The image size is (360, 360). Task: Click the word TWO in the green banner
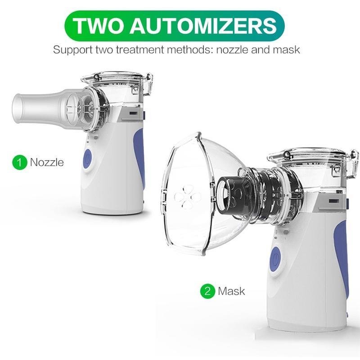98,26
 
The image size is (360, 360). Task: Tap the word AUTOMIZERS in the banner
203,26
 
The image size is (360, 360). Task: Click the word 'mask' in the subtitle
286,49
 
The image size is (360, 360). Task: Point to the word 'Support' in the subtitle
73,50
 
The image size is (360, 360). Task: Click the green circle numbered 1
19,162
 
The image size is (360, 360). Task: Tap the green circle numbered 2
207,291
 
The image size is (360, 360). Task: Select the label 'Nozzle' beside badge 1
47,162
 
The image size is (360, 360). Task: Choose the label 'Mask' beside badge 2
231,291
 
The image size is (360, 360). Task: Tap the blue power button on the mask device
275,259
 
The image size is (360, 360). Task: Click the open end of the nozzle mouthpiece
17,108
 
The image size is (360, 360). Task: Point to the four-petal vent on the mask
188,197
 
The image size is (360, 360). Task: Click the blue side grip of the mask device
342,256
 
